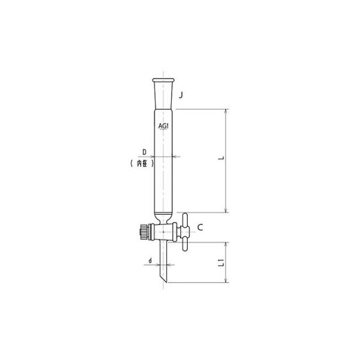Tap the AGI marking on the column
(163, 127)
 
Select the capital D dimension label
(144, 151)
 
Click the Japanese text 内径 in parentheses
(142, 163)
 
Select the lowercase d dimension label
(149, 261)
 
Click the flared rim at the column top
(163, 79)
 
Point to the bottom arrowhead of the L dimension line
(226, 211)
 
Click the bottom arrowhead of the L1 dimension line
(226, 280)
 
